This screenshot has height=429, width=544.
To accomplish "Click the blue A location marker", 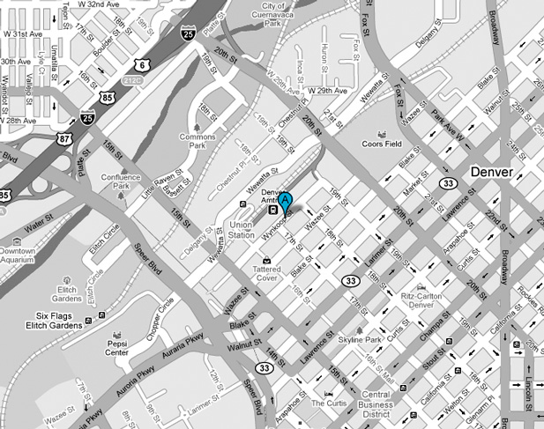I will [285, 202].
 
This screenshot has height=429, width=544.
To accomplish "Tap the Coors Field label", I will [381, 144].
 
